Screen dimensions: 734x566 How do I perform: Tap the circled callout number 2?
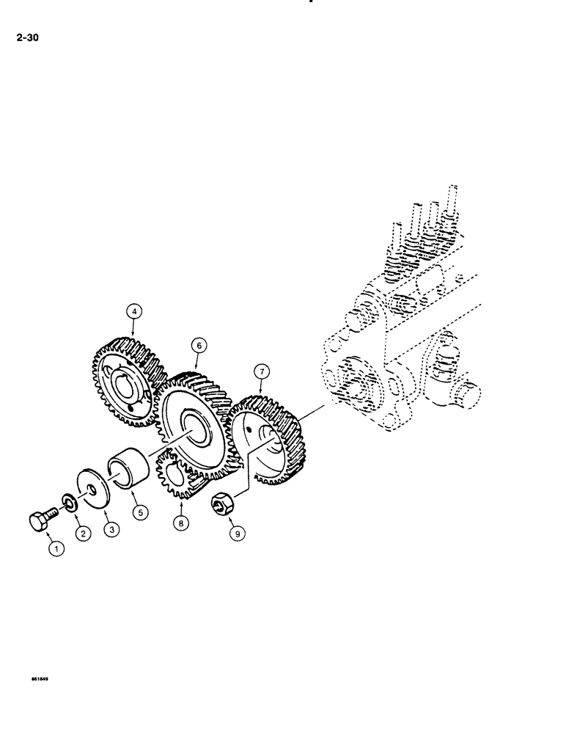[83, 535]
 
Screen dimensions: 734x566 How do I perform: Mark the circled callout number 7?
[262, 371]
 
